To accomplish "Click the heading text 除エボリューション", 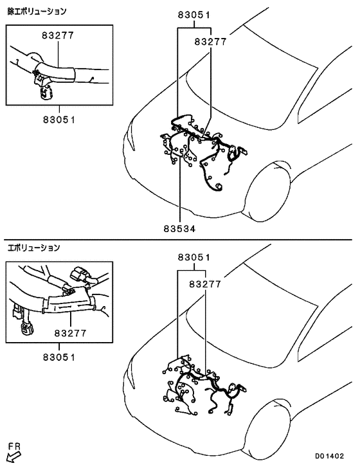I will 37,11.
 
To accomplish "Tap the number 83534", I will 179,228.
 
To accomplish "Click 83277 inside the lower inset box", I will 71,333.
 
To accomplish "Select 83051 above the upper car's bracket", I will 194,15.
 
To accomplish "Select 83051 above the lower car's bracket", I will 194,258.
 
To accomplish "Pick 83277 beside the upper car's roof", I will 210,42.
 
